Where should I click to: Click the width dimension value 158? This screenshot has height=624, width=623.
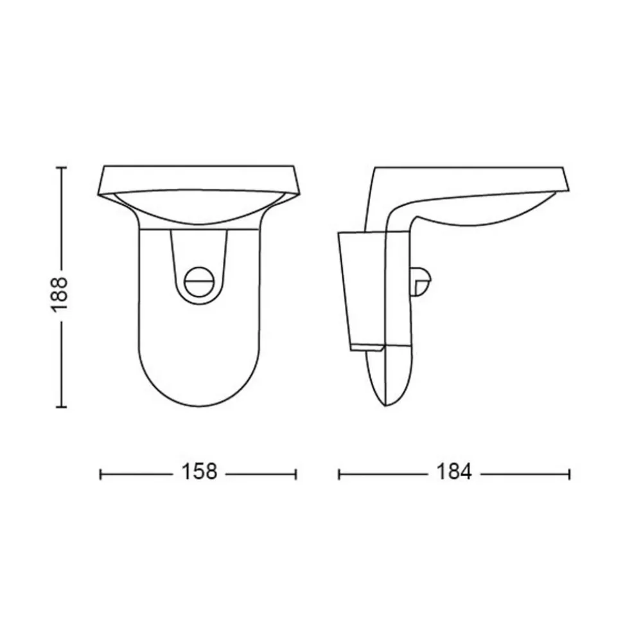tap(198, 473)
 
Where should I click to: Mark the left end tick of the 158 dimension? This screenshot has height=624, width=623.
tap(101, 474)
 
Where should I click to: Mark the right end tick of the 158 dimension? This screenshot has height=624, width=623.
tap(295, 474)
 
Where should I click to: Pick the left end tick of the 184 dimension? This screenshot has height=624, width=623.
tap(339, 474)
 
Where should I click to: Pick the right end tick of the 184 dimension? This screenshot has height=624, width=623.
tap(569, 474)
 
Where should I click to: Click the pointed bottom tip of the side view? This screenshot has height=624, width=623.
tap(383, 405)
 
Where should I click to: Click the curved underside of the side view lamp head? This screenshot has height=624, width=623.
tap(488, 218)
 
